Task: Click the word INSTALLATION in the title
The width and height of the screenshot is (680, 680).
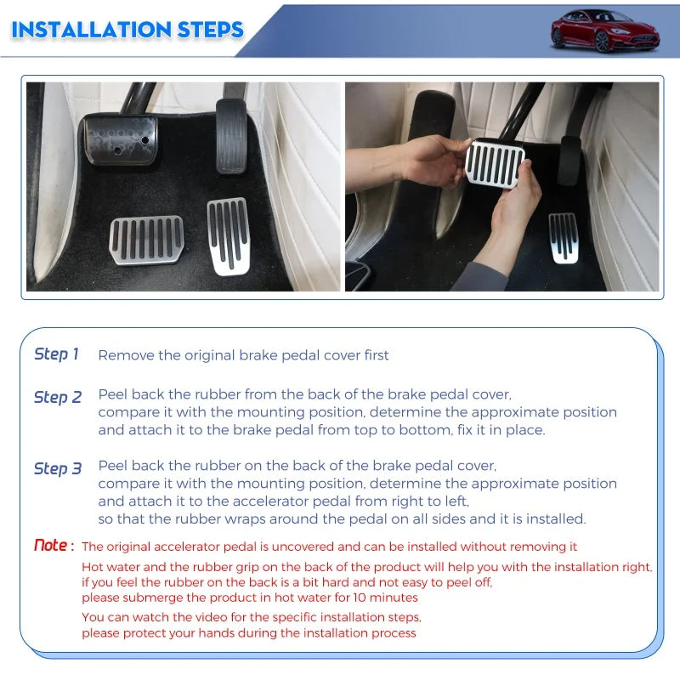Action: tap(92, 30)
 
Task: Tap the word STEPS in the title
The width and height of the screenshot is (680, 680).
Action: tap(210, 30)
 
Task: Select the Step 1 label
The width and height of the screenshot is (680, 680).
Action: tap(56, 354)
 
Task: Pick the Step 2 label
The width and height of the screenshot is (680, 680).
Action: tap(58, 397)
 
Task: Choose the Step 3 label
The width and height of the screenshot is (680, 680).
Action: tap(58, 469)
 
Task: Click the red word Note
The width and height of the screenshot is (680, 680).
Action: tap(51, 545)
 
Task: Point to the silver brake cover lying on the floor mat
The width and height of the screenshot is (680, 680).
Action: tap(146, 240)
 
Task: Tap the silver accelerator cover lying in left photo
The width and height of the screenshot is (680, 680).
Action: tap(228, 236)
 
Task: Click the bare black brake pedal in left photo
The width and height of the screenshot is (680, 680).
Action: tap(120, 139)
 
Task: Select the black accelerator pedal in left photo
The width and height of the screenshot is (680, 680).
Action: tap(231, 136)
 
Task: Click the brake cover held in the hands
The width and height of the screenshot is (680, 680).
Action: tap(495, 163)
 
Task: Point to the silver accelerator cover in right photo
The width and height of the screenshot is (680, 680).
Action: tap(564, 238)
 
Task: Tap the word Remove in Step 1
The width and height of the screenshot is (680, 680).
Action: tap(126, 355)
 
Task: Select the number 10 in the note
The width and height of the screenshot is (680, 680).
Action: tap(360, 598)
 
